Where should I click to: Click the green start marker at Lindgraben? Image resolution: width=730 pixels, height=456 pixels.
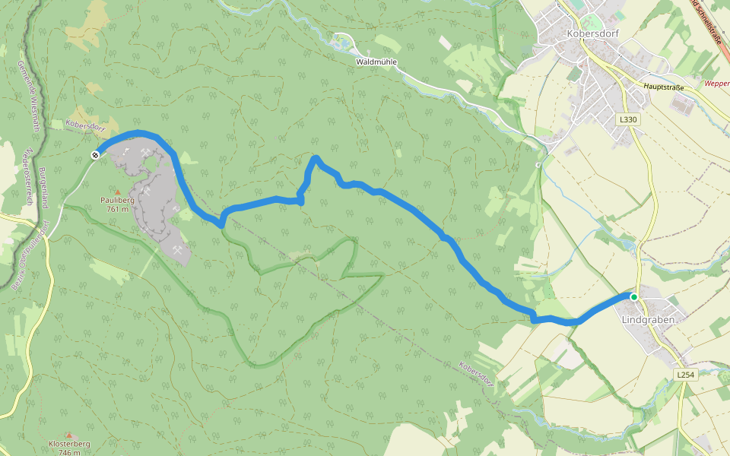coord(633,297)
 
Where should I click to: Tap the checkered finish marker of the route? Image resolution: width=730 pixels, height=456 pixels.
coord(96,155)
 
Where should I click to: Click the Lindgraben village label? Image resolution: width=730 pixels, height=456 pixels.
coord(648,319)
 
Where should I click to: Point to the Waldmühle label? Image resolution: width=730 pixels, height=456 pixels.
coord(376,62)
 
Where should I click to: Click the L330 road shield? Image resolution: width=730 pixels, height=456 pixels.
coord(627,120)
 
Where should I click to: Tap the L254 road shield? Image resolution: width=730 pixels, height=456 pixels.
coord(685,375)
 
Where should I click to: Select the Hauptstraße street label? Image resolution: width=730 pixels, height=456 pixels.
coord(663,87)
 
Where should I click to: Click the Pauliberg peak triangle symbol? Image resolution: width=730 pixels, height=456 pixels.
coord(117,192)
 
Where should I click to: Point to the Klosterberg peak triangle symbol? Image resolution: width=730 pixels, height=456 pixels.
coord(69,435)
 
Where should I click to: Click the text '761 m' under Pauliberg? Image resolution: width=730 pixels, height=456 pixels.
coord(117,209)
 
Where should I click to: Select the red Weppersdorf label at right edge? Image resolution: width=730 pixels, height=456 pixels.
coord(716,84)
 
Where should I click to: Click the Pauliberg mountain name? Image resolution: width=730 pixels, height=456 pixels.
coord(117,201)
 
